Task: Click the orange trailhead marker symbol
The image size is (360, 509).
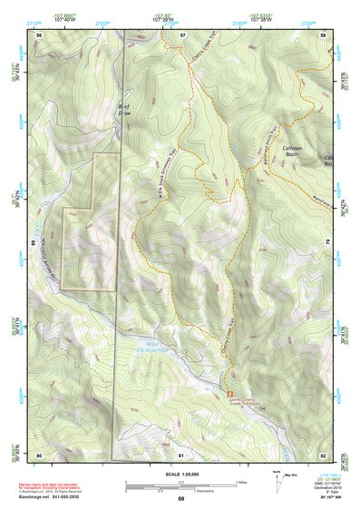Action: pyautogui.click(x=218, y=392)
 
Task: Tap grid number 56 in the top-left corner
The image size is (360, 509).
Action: pyautogui.click(x=39, y=34)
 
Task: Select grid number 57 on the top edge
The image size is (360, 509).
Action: pyautogui.click(x=182, y=34)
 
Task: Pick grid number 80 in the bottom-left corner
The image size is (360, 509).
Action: pyautogui.click(x=39, y=455)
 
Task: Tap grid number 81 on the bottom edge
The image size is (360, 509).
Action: pyautogui.click(x=181, y=455)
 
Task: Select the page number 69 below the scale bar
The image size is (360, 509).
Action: pyautogui.click(x=180, y=499)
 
